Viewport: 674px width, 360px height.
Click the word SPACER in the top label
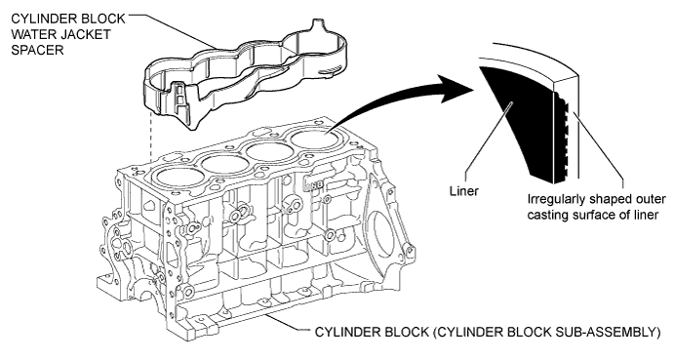click(x=37, y=50)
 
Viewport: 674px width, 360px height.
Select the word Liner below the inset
click(x=464, y=190)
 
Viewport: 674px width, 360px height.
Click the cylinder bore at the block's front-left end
click(x=180, y=177)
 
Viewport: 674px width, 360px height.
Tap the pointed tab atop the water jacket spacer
click(x=317, y=23)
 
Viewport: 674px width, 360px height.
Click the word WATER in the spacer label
click(x=31, y=34)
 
